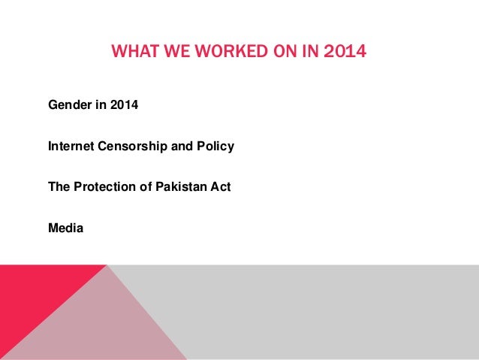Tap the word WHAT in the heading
pos(131,53)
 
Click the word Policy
pos(215,146)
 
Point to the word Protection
pos(104,186)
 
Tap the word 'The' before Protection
pos(59,186)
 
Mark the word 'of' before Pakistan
pos(142,186)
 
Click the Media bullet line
pos(66,227)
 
